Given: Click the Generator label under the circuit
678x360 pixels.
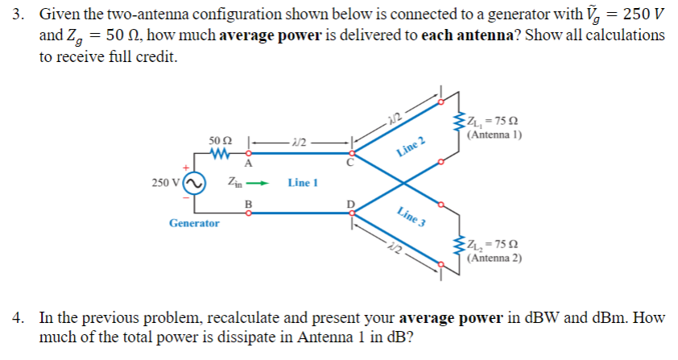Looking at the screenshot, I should pyautogui.click(x=194, y=222).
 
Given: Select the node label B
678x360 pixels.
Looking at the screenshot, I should pyautogui.click(x=248, y=203).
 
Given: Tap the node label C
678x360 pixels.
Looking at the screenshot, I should pyautogui.click(x=349, y=163).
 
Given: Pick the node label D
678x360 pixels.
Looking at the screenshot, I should pyautogui.click(x=349, y=204).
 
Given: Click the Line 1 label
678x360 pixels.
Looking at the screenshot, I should pyautogui.click(x=303, y=183).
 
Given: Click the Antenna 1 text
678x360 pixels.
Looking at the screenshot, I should pyautogui.click(x=494, y=134).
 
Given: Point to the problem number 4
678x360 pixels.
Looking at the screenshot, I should pyautogui.click(x=19, y=317).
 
